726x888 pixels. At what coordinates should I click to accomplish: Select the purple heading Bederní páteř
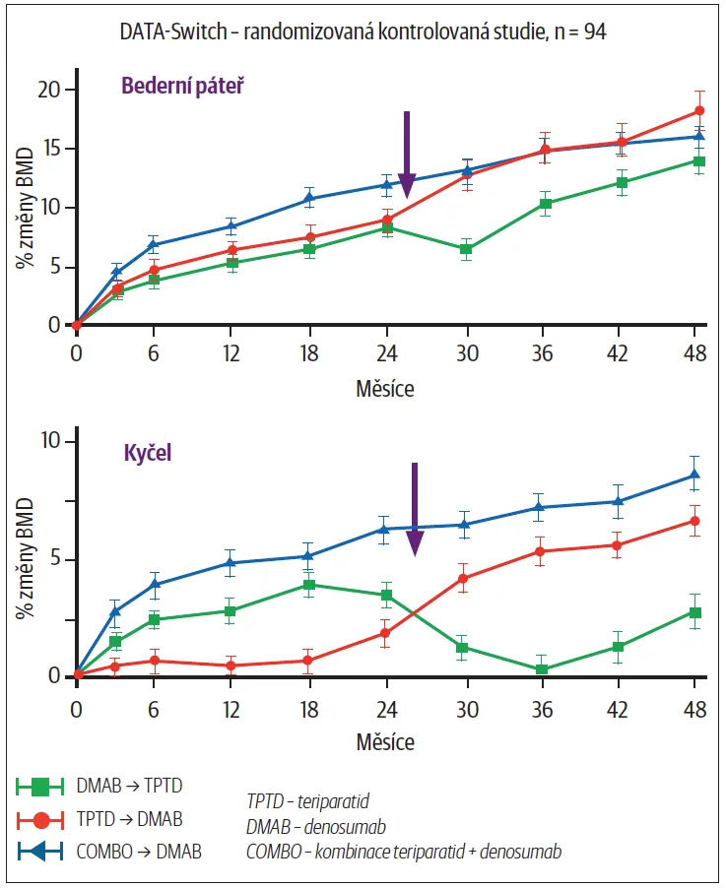coord(182,85)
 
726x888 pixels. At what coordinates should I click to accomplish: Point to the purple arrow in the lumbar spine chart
coord(406,153)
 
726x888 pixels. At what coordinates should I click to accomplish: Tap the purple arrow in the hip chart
coord(415,507)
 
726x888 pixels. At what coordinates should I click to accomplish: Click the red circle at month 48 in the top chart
coord(699,110)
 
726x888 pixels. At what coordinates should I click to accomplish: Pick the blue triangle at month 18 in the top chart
coord(310,200)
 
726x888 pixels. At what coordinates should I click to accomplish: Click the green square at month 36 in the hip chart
coord(542,669)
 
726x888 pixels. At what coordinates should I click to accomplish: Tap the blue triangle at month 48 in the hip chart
coord(695,476)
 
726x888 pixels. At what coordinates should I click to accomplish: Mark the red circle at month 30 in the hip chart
coord(464,578)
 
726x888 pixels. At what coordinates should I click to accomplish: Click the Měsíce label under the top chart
coord(385,389)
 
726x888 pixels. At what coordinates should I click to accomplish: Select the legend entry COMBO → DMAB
coord(139,852)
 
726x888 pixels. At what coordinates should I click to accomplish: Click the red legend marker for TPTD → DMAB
coord(39,819)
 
